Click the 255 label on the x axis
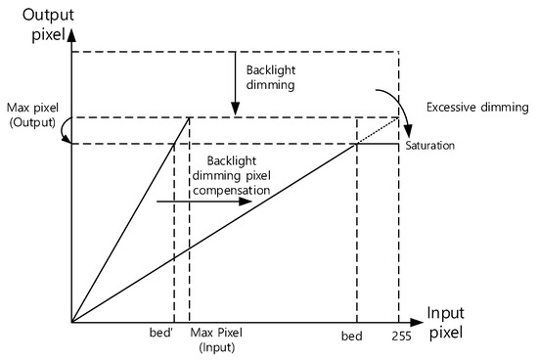400,336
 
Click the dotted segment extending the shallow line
378,132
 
